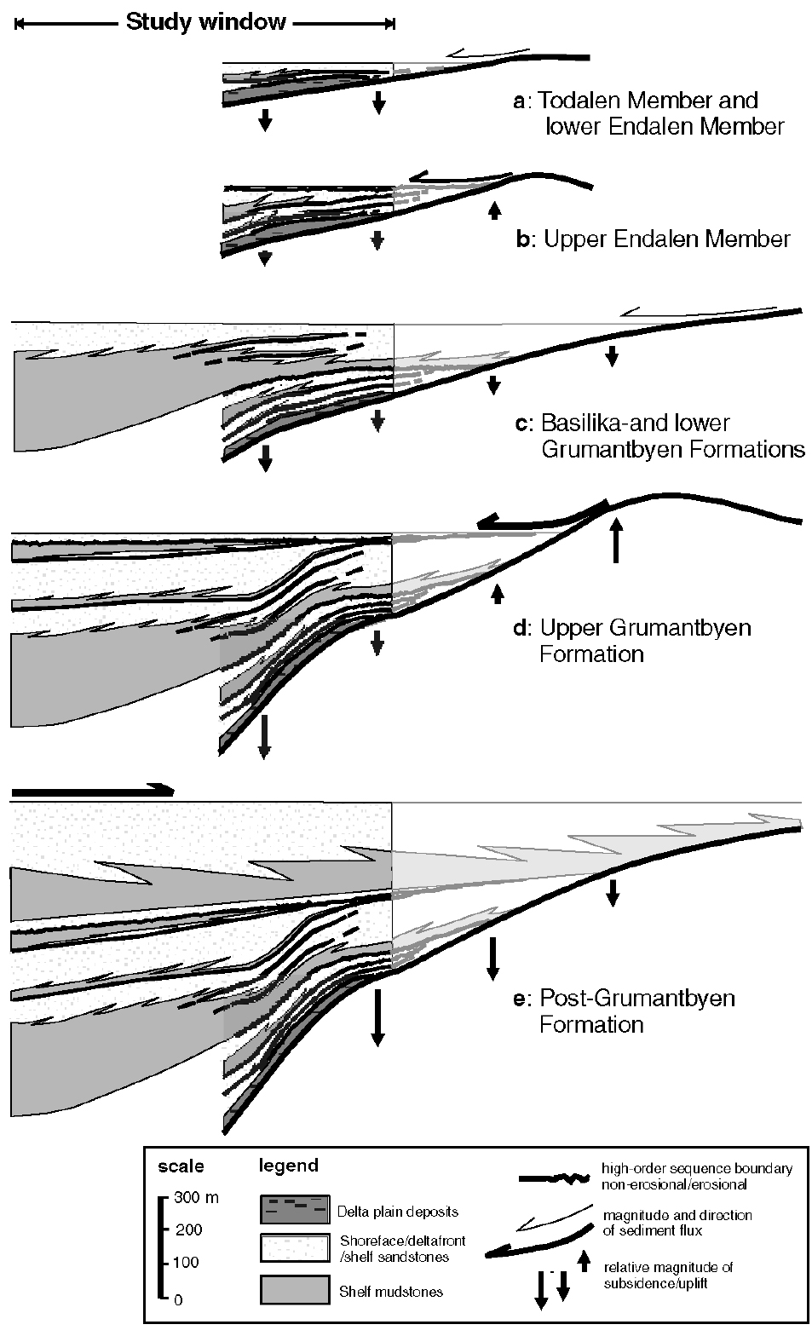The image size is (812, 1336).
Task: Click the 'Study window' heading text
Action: [206, 22]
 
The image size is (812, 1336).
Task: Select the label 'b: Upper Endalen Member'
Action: [654, 239]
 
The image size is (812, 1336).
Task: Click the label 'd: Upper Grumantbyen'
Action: [632, 628]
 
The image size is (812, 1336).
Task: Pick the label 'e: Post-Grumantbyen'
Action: [624, 999]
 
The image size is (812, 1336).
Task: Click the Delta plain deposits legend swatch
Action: [295, 1209]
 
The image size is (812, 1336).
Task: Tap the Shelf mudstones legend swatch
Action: [295, 1289]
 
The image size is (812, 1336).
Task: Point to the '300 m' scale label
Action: [196, 1197]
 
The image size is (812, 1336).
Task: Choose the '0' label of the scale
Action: [178, 1300]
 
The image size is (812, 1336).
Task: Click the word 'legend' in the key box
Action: [289, 1166]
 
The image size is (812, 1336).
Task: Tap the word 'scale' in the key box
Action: [181, 1166]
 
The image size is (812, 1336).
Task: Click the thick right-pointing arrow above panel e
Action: [93, 791]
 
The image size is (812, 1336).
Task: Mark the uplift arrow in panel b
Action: [494, 210]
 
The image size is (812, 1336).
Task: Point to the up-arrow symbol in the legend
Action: [585, 1261]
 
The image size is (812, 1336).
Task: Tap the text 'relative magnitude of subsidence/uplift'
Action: [668, 1275]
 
